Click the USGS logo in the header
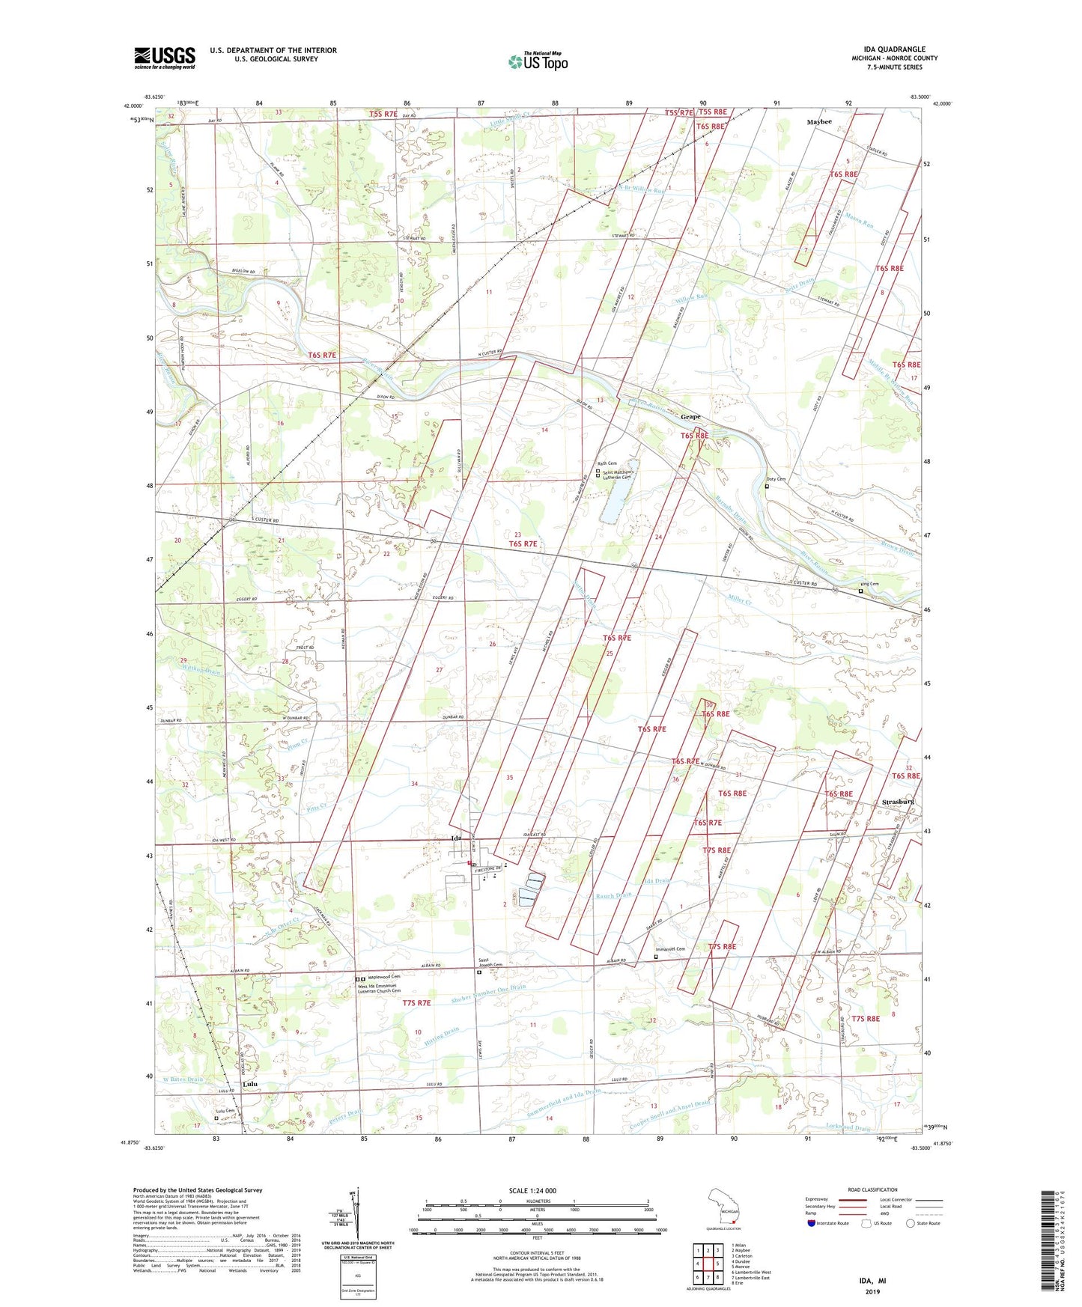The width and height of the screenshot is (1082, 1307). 164,58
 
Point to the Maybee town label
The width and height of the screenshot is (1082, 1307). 819,121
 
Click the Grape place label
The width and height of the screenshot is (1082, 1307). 690,416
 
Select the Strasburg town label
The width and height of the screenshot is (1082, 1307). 898,802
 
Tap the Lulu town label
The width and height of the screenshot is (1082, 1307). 250,1084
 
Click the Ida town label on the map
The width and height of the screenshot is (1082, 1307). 455,838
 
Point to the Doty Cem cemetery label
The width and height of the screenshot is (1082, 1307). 776,479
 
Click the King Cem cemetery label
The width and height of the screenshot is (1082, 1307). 869,585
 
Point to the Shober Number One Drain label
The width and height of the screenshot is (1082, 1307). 488,993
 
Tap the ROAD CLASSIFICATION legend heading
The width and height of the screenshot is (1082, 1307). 872,1189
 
